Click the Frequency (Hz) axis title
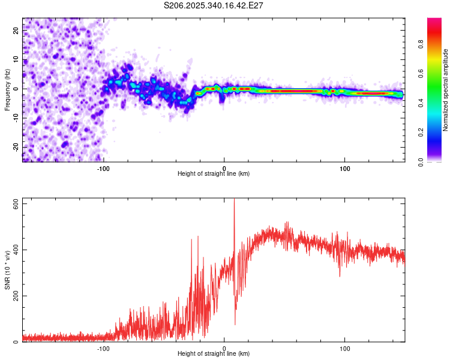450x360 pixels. coord(7,90)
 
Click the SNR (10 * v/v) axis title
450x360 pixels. coord(7,270)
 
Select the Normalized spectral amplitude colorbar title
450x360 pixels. coord(446,90)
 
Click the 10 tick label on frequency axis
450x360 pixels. coord(16,60)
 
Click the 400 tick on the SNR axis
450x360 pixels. coord(16,250)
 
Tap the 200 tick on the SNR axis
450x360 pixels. coord(16,296)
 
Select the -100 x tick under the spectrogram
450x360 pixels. coord(104,168)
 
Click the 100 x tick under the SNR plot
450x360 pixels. coord(345,348)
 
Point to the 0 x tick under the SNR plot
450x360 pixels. coord(224,348)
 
